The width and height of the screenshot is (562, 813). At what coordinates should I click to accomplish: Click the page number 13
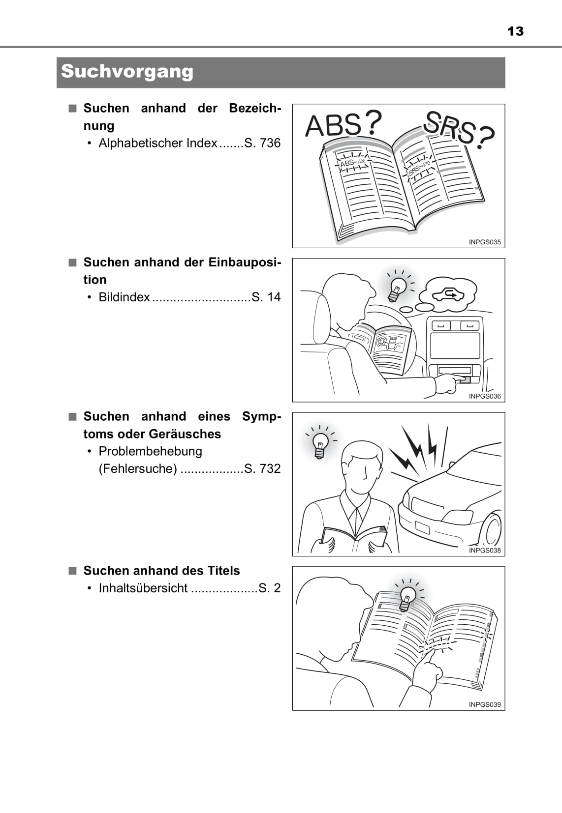coord(515,31)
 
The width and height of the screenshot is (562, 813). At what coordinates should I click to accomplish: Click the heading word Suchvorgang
coord(127,71)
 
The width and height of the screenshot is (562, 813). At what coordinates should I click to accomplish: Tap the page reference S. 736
coord(263,143)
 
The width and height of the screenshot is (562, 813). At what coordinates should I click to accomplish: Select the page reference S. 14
coord(266,297)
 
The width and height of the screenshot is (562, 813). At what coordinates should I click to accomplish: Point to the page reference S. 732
coord(263,468)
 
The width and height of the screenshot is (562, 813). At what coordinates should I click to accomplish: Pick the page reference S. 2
coord(270,588)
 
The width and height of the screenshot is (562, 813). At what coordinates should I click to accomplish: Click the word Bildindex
coord(124,297)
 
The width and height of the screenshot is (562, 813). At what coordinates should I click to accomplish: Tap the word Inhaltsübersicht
coord(143,588)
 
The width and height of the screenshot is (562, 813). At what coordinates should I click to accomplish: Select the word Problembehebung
coord(151,451)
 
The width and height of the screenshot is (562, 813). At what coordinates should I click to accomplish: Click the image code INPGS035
coord(485,242)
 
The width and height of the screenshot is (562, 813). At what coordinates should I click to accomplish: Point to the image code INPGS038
coord(485,550)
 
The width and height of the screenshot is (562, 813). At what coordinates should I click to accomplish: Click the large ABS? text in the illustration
coord(343,124)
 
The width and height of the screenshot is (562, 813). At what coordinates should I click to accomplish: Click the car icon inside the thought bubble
coord(448,293)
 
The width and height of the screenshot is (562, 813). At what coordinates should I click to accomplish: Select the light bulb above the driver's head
coord(398,290)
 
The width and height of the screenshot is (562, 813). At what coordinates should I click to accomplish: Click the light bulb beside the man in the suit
coord(320,445)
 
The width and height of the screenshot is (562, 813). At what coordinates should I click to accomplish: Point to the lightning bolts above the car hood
coord(418,449)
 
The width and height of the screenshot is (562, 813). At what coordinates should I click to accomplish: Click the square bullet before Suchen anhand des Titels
coord(73,571)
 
